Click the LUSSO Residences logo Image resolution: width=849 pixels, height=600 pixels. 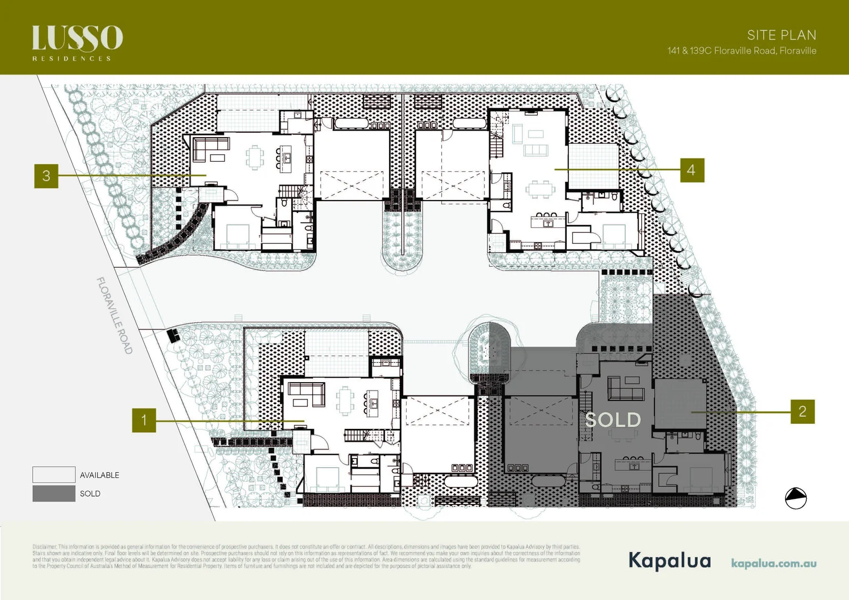77,42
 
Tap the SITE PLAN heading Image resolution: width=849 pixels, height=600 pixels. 781,35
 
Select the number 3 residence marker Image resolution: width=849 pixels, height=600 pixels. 46,176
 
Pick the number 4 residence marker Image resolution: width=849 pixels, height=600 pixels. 692,170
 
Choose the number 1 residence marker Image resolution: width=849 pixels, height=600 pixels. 144,420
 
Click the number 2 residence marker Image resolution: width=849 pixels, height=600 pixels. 802,412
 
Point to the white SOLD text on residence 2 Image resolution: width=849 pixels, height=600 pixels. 613,420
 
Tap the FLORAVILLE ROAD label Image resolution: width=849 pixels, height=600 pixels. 115,316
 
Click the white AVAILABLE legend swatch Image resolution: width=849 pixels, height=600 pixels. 54,474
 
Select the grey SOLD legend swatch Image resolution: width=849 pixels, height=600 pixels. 54,493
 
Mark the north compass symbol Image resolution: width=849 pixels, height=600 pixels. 796,498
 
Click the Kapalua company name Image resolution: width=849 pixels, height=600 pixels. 670,560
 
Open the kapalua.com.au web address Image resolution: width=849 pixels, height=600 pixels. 773,563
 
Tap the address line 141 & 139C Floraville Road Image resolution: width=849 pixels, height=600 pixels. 742,51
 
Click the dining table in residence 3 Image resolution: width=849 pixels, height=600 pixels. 255,157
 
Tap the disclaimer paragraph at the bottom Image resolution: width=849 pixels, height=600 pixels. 306,557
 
